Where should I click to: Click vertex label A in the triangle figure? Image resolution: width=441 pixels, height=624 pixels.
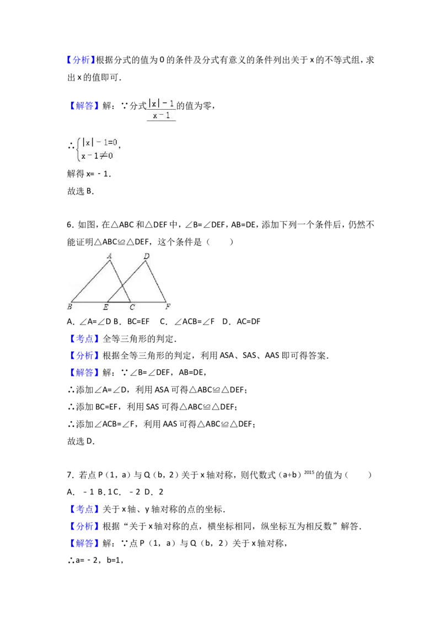click(110, 255)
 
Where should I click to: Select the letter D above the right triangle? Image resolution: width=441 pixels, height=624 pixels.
click(146, 256)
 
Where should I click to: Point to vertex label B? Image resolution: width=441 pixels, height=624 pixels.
click(70, 306)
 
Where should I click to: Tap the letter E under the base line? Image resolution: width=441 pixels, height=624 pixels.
click(106, 307)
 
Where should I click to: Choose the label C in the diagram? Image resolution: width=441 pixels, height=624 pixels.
click(132, 307)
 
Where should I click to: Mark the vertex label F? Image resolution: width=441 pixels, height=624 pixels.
click(167, 307)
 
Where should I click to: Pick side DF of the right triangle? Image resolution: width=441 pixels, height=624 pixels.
click(157, 282)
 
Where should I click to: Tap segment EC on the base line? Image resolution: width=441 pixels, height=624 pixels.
click(119, 302)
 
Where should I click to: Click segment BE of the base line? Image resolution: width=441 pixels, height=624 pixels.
click(88, 302)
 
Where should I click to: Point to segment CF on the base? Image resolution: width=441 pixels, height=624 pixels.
click(149, 302)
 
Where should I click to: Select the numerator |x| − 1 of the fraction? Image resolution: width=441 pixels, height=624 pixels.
click(162, 103)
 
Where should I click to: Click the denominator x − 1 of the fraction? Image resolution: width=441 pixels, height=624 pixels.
click(162, 116)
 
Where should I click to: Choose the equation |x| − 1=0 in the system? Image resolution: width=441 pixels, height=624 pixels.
click(100, 142)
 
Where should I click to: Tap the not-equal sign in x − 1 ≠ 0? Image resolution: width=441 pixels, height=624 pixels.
click(101, 155)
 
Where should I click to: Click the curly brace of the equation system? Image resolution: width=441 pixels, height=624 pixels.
click(78, 149)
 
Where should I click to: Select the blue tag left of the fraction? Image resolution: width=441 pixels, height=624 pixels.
click(85, 105)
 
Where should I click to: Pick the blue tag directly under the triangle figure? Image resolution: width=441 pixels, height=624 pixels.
click(85, 338)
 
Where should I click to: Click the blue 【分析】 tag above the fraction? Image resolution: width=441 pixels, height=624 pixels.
click(81, 60)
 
